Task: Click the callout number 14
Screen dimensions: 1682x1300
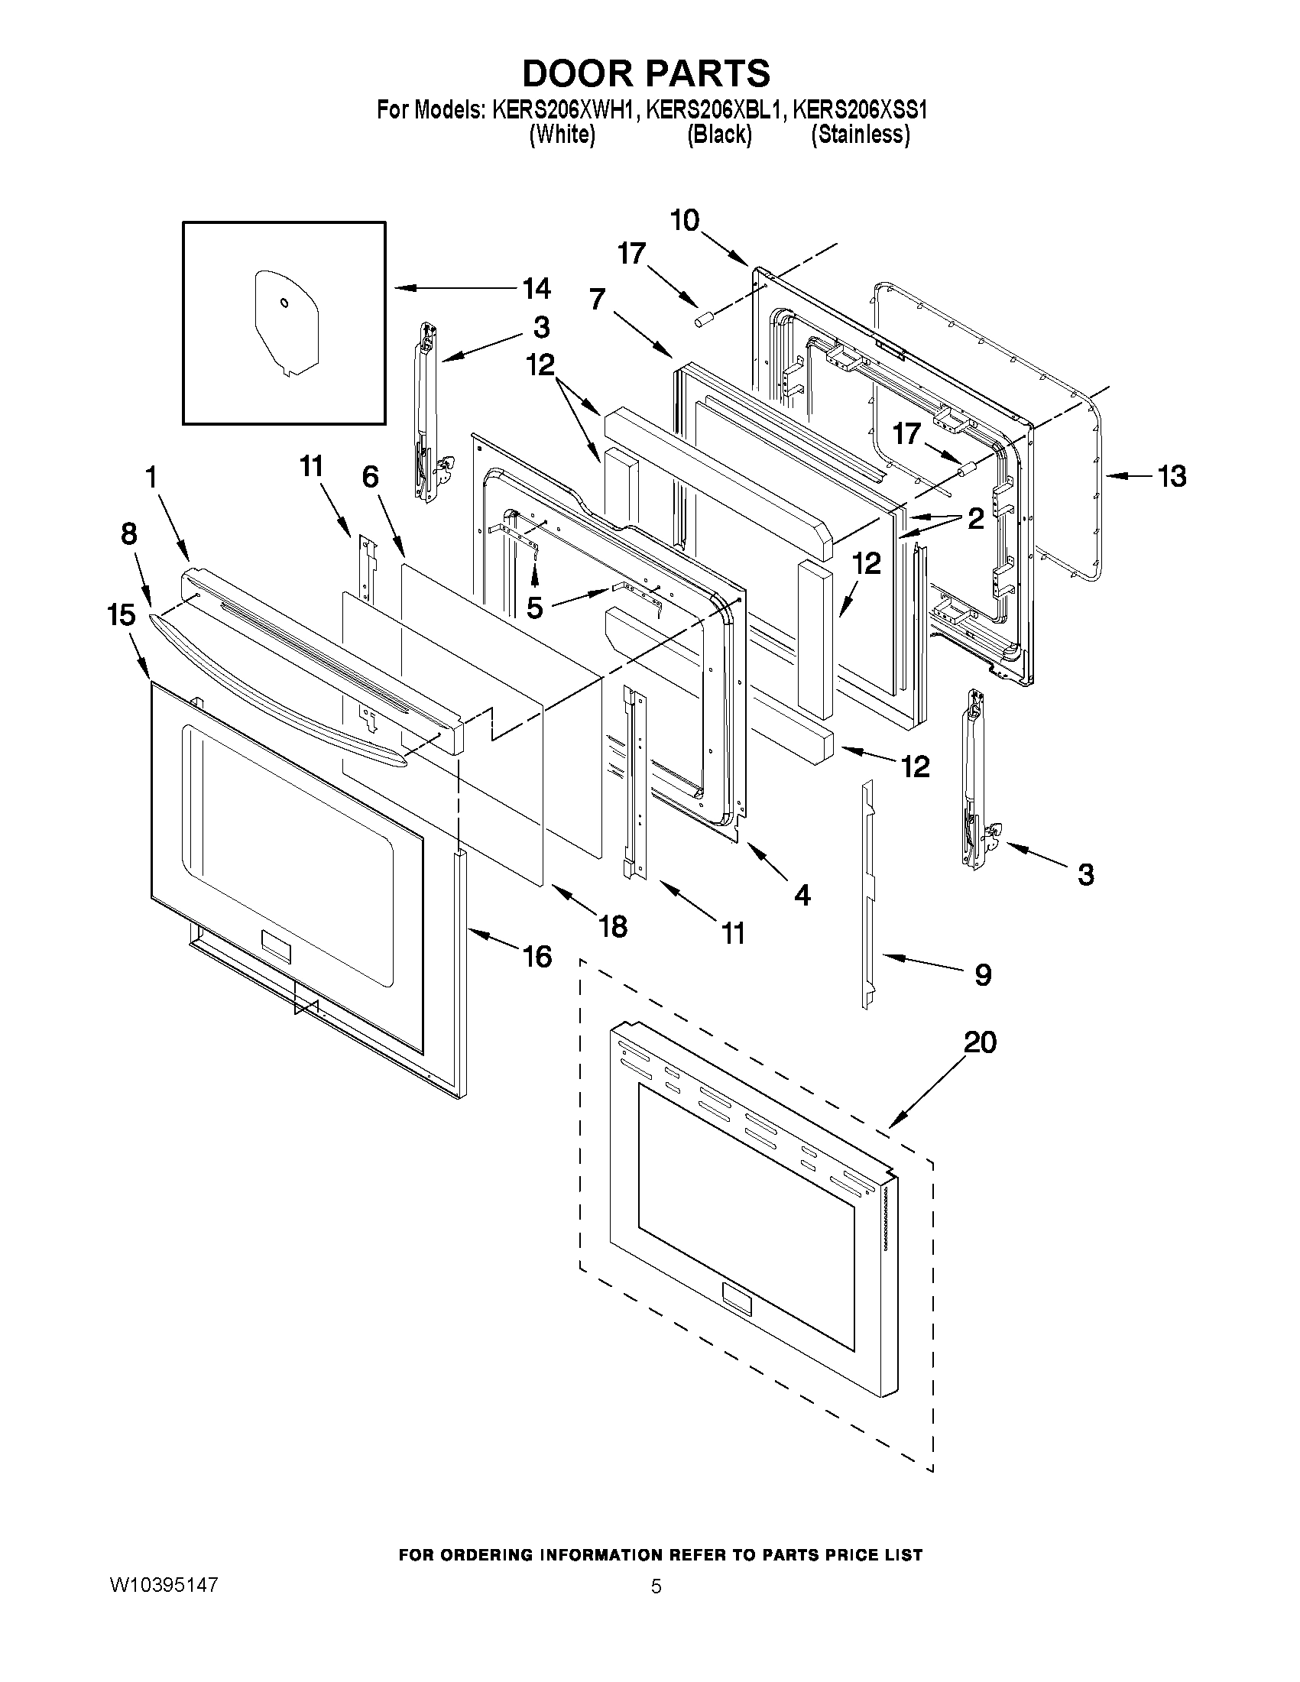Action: (536, 289)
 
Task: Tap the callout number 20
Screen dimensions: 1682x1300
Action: (980, 1043)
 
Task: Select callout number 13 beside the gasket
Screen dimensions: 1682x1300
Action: (1172, 477)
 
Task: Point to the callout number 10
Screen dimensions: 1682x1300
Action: (684, 220)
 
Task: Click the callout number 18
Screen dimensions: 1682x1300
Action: (613, 926)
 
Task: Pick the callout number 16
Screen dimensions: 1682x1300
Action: (537, 957)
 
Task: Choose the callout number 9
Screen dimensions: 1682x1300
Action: (983, 975)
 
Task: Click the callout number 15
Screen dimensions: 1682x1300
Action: (122, 614)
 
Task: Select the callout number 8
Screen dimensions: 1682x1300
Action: (129, 533)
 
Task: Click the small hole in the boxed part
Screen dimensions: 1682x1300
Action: (284, 303)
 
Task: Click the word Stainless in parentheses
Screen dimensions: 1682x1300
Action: (861, 134)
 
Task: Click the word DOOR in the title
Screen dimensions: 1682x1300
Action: (578, 73)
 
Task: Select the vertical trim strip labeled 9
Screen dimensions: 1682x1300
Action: (867, 893)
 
